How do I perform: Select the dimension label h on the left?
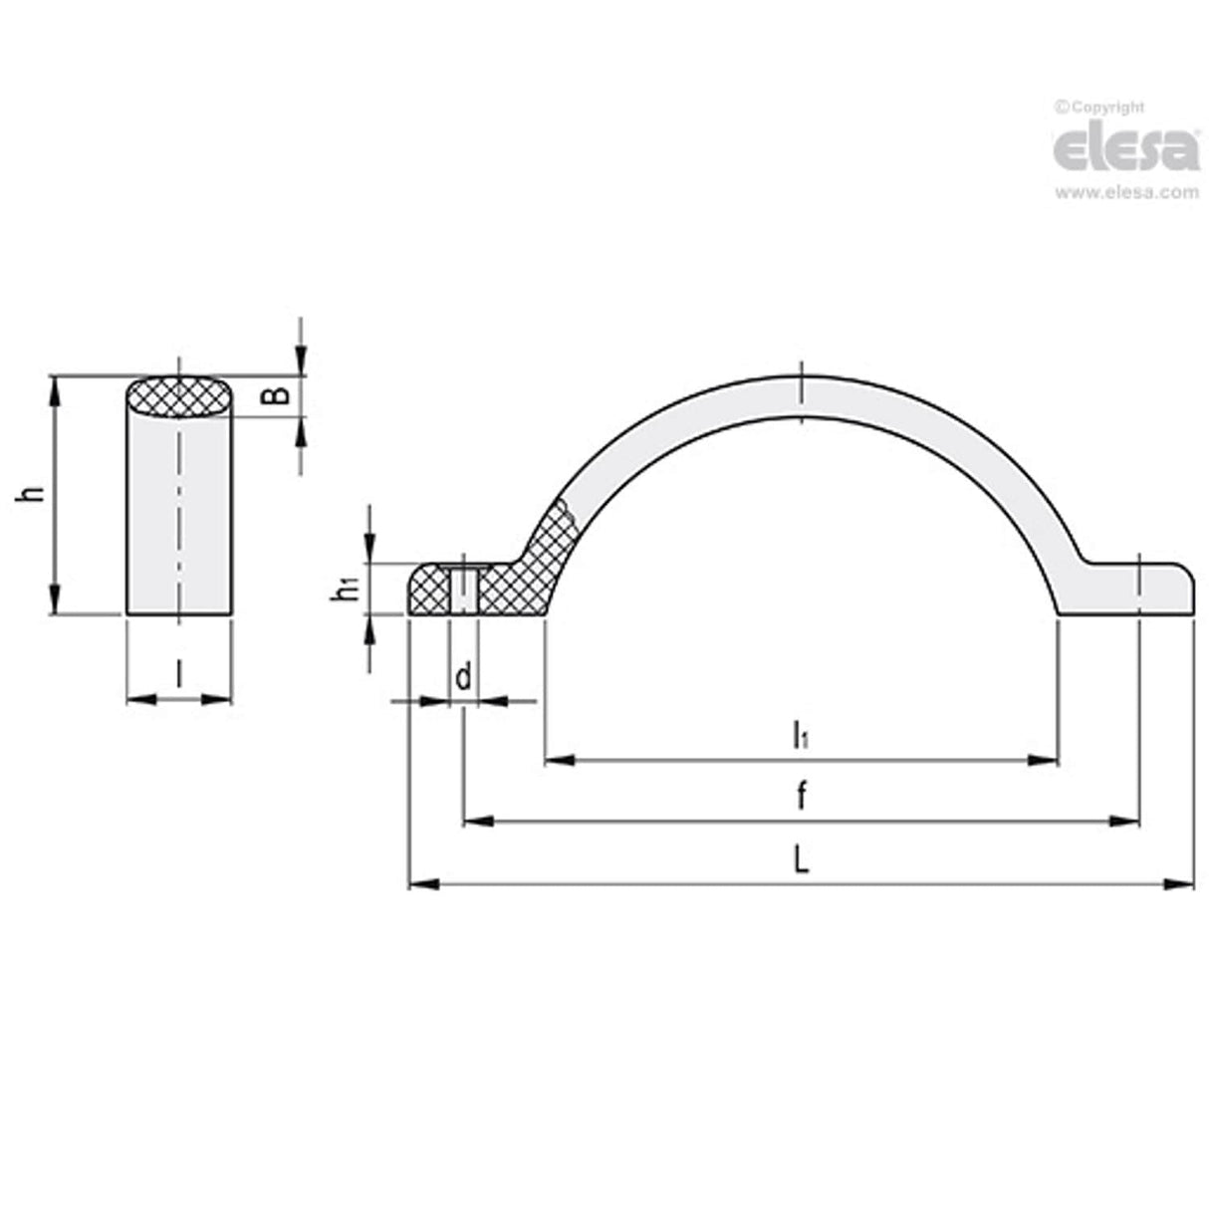click(33, 494)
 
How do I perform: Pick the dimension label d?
click(463, 678)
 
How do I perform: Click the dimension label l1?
click(800, 736)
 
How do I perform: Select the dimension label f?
click(800, 797)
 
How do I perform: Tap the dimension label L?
click(800, 859)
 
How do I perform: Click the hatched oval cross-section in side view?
click(180, 395)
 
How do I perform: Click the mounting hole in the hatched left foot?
click(464, 590)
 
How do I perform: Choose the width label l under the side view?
click(178, 675)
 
